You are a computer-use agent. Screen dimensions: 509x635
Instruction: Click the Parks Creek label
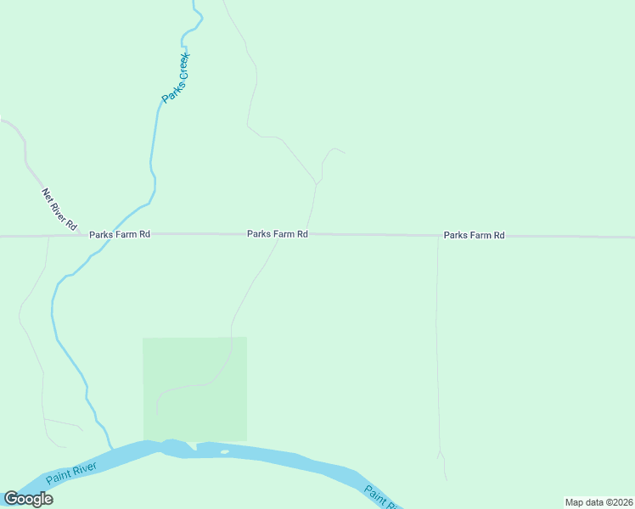[x=176, y=79]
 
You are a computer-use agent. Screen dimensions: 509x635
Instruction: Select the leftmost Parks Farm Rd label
[x=120, y=234]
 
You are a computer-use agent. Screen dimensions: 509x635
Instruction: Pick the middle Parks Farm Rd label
[x=277, y=234]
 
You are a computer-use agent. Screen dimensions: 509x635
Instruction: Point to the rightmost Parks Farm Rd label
[x=474, y=235]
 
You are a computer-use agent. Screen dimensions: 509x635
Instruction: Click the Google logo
[x=28, y=499]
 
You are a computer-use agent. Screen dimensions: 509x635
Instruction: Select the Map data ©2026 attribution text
[x=598, y=502]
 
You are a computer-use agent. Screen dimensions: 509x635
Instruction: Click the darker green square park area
[x=194, y=389]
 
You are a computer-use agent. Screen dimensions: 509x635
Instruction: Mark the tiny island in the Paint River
[x=224, y=451]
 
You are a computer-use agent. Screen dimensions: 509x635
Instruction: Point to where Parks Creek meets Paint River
[x=110, y=448]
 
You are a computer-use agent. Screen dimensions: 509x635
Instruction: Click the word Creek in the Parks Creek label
[x=182, y=67]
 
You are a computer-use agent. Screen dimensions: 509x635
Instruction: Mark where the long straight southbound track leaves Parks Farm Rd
[x=438, y=237]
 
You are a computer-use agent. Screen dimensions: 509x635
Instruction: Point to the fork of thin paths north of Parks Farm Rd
[x=317, y=182]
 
